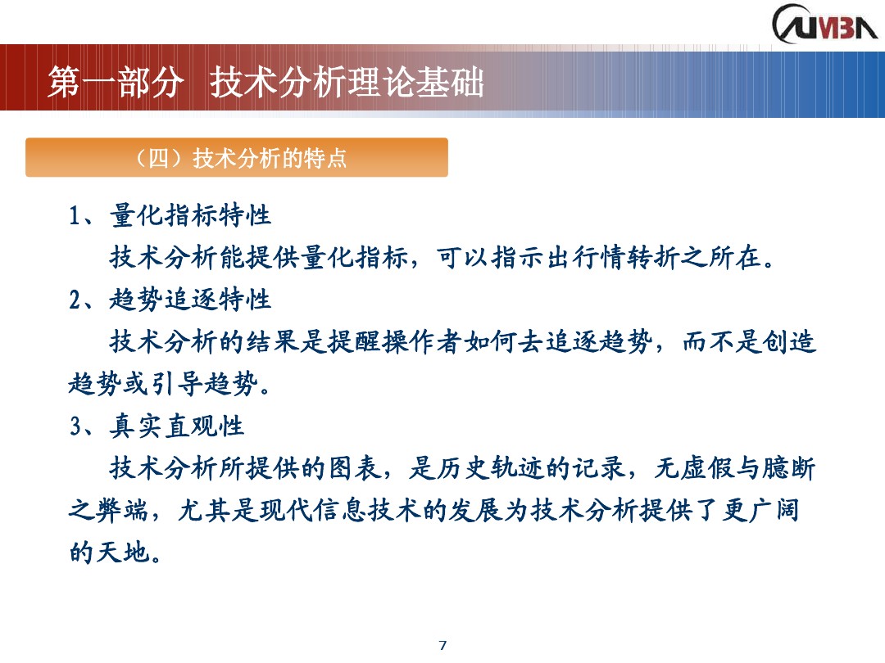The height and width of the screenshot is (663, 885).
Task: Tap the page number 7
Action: click(442, 645)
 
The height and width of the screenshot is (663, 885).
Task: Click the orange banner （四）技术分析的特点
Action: click(237, 158)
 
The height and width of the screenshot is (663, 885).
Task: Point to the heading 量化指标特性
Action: click(190, 216)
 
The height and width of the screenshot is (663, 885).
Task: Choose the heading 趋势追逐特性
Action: click(190, 300)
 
